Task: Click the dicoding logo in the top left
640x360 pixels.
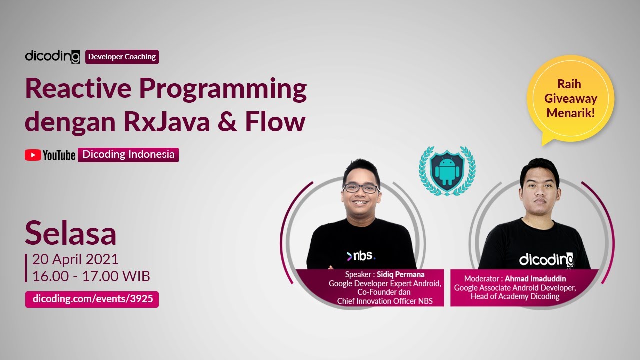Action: [x=52, y=57]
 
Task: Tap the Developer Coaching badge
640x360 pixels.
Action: [x=122, y=57]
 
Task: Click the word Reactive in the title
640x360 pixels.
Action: [x=78, y=89]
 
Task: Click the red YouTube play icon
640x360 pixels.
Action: [x=32, y=155]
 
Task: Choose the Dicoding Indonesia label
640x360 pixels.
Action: [x=128, y=155]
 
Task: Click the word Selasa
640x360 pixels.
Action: [x=70, y=233]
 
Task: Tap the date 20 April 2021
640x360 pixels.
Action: [x=75, y=259]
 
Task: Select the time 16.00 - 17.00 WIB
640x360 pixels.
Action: [x=91, y=276]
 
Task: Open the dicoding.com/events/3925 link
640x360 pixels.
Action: [x=92, y=299]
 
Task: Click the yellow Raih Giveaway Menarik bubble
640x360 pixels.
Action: [x=571, y=99]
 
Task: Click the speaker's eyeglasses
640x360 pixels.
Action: [x=361, y=188]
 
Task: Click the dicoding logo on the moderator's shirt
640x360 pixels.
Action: [x=546, y=260]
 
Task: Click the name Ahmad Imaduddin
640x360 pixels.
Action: [x=535, y=278]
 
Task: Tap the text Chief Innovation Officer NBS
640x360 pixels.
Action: [x=384, y=301]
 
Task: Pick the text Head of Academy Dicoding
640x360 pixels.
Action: [x=515, y=296]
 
